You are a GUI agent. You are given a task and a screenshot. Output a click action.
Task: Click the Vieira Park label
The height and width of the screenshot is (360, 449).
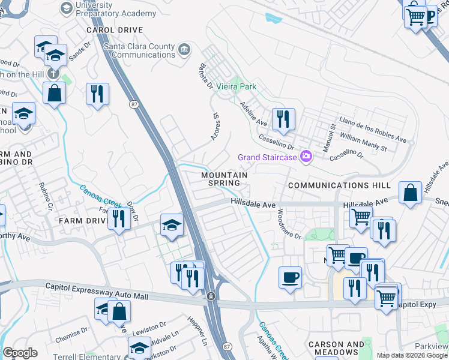[x=237, y=86]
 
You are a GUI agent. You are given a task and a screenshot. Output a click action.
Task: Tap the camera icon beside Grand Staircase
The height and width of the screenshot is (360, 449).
[x=307, y=157]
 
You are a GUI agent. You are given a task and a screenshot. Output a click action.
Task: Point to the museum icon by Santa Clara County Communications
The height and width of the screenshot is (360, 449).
[x=184, y=47]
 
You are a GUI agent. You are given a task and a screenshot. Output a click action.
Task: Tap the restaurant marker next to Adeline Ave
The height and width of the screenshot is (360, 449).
[x=283, y=119]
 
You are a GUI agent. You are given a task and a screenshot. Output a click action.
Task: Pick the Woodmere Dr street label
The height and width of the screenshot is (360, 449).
[x=289, y=224]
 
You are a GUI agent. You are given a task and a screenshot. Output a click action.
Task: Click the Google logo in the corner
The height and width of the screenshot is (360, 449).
[x=19, y=353]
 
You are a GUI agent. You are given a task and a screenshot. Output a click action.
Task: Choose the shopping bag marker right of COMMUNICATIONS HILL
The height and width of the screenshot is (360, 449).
[x=410, y=193]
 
